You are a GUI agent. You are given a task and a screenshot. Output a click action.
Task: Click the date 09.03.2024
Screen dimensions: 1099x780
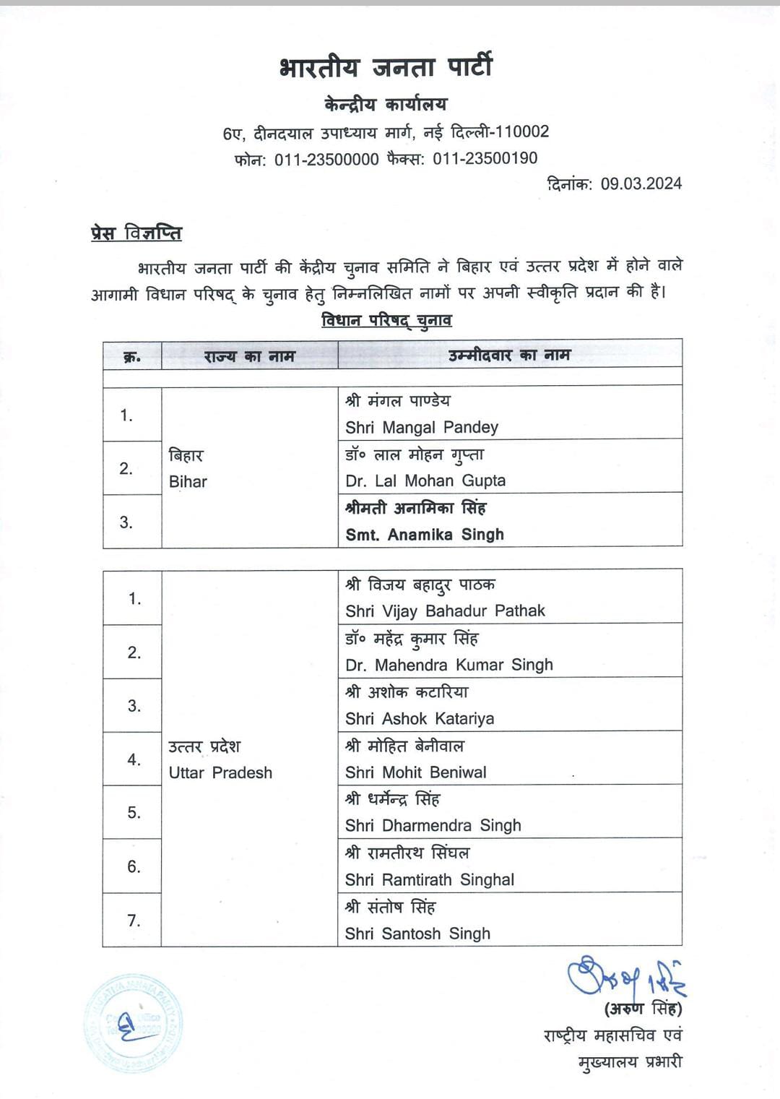pyautogui.click(x=641, y=184)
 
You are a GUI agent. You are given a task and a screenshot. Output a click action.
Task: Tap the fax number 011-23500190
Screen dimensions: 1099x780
pyautogui.click(x=485, y=158)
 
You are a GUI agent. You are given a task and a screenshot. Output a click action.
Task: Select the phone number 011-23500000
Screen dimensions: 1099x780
pyautogui.click(x=326, y=159)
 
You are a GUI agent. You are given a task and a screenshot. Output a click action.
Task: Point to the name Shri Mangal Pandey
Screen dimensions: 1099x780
pyautogui.click(x=422, y=427)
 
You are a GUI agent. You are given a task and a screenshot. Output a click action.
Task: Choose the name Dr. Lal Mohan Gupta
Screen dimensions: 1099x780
pyautogui.click(x=425, y=480)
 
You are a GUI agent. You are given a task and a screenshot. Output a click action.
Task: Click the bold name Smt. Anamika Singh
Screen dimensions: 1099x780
pyautogui.click(x=425, y=535)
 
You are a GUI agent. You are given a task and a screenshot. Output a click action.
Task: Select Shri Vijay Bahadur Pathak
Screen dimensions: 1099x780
pyautogui.click(x=445, y=611)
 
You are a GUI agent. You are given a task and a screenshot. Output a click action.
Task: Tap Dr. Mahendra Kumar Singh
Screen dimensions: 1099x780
pyautogui.click(x=449, y=665)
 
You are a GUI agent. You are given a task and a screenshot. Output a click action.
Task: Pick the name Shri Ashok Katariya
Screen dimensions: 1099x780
pyautogui.click(x=420, y=719)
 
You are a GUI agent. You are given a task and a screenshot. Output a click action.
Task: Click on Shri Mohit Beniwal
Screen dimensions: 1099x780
pyautogui.click(x=416, y=772)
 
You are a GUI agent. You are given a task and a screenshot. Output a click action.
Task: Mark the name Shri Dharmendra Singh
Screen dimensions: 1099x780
pyautogui.click(x=433, y=826)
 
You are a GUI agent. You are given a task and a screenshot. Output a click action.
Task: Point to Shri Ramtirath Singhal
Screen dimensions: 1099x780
pyautogui.click(x=430, y=880)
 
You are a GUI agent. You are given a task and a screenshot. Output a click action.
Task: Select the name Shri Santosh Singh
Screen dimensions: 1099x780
pyautogui.click(x=417, y=934)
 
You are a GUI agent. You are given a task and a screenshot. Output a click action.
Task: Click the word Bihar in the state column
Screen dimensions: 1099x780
pyautogui.click(x=188, y=482)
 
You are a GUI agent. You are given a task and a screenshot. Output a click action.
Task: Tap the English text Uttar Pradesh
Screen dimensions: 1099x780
pyautogui.click(x=220, y=773)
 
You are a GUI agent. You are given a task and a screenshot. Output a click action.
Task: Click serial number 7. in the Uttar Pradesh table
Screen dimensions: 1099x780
pyautogui.click(x=134, y=921)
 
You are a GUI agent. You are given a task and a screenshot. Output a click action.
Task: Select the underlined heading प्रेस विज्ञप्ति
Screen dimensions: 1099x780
pyautogui.click(x=136, y=233)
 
